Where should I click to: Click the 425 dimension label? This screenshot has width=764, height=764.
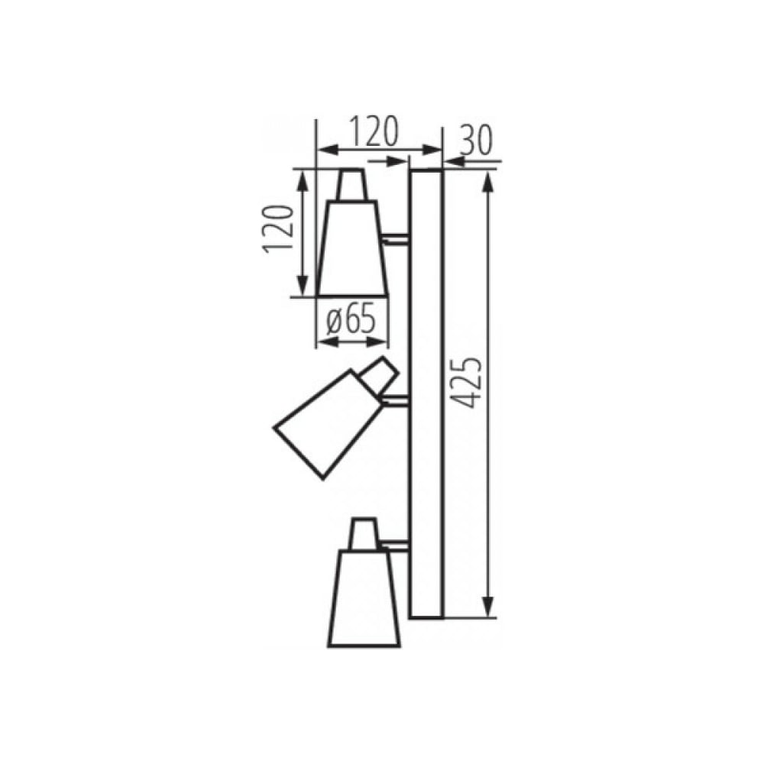pyautogui.click(x=466, y=383)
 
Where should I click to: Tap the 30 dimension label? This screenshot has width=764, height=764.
pyautogui.click(x=475, y=141)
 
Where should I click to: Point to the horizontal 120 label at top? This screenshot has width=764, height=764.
pyautogui.click(x=374, y=131)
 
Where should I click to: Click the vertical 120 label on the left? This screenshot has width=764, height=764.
pyautogui.click(x=279, y=228)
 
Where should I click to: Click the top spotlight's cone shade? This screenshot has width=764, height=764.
pyautogui.click(x=352, y=248)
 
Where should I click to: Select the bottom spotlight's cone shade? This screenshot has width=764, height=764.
pyautogui.click(x=364, y=598)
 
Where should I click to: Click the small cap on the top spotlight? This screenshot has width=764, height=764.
pyautogui.click(x=351, y=185)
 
